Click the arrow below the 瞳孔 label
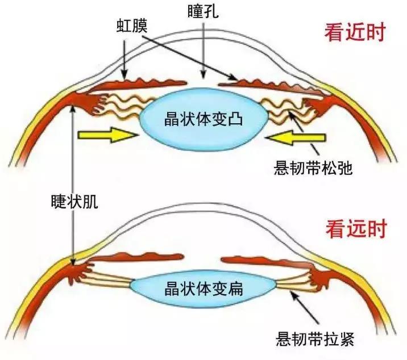[203, 49]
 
